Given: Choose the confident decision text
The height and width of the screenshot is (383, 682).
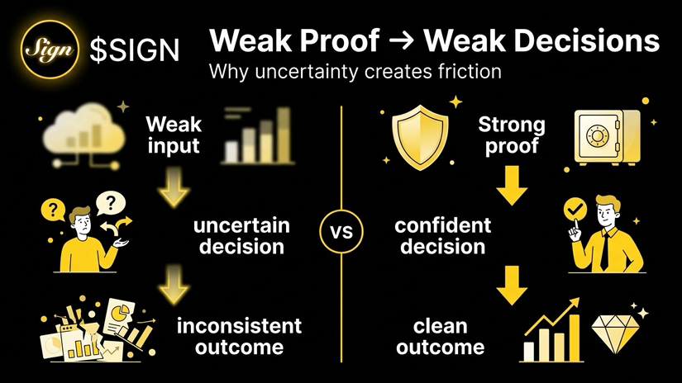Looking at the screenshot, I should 443,236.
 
